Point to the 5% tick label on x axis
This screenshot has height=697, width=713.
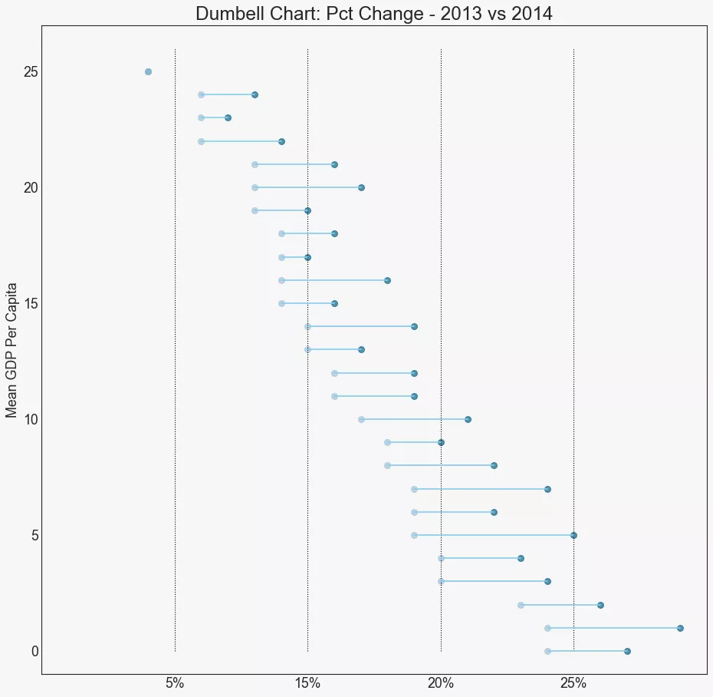point(175,683)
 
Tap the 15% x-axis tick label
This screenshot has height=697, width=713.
point(307,683)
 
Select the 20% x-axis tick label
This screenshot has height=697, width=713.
point(441,683)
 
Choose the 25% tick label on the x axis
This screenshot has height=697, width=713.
point(573,683)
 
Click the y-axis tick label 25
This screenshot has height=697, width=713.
point(31,72)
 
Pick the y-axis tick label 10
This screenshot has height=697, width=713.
point(31,419)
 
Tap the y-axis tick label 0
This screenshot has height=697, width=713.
point(34,651)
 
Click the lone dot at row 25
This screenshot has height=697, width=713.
point(148,71)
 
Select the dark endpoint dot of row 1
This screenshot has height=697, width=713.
point(680,628)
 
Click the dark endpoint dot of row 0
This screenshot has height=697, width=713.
point(627,651)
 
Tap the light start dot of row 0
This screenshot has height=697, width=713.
point(547,651)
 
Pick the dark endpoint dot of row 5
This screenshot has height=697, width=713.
point(573,535)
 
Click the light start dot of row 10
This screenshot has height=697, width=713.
point(361,419)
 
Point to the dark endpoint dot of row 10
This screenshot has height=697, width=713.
point(468,419)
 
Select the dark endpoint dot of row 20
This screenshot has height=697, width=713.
point(361,187)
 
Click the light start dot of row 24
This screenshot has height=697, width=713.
point(201,94)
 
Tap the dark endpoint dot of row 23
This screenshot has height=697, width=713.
point(228,117)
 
